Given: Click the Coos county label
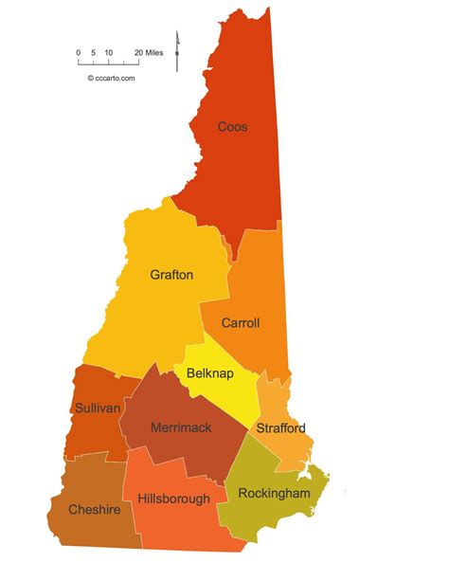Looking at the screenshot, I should click(233, 126).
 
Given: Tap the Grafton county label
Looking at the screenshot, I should click(171, 275).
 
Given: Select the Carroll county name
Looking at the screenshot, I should click(241, 323).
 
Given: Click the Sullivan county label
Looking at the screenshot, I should click(97, 408).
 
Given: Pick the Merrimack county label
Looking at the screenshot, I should click(181, 427).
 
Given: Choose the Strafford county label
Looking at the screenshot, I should click(280, 427).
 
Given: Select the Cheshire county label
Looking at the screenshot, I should click(94, 509).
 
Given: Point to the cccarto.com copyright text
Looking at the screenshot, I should click(111, 79).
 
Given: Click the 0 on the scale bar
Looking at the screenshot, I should click(79, 53).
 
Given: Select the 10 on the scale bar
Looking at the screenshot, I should click(109, 53).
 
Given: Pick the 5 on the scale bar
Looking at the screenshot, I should click(94, 53).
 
